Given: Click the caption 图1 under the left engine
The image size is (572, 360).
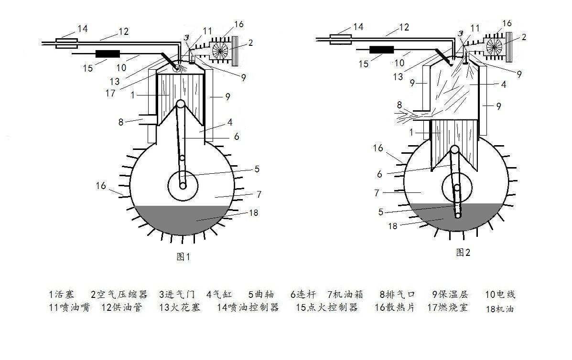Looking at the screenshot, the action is click(183, 256).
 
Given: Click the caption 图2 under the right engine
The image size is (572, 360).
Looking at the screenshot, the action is click(464, 252).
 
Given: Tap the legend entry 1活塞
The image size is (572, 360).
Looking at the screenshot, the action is click(62, 295).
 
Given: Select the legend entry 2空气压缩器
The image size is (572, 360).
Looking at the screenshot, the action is click(119, 295).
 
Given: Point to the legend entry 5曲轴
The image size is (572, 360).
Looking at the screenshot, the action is click(261, 295).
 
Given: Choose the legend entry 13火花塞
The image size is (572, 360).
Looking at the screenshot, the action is click(180, 307).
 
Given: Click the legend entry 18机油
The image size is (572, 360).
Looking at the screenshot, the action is click(500, 309).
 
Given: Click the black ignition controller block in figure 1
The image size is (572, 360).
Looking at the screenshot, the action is click(108, 54).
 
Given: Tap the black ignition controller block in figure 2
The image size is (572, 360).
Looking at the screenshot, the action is click(382, 50).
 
